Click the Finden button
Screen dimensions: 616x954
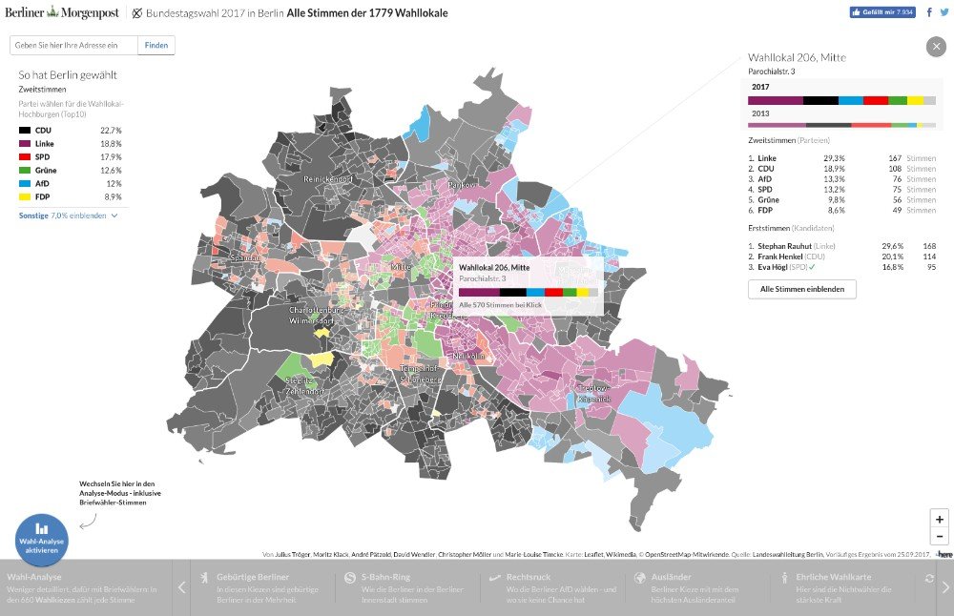tap(156, 45)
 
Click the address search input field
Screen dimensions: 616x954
tap(73, 45)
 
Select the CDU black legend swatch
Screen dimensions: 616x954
tap(25, 130)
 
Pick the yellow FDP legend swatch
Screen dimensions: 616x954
tap(25, 196)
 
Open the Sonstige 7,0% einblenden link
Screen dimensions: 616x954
tap(68, 216)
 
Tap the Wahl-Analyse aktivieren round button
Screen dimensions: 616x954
tap(41, 540)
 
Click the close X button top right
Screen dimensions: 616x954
tap(935, 46)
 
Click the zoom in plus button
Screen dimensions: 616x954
tap(940, 520)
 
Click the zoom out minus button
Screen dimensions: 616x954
tap(940, 537)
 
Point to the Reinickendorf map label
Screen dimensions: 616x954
tap(329, 178)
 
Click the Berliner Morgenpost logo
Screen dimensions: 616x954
tap(62, 13)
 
